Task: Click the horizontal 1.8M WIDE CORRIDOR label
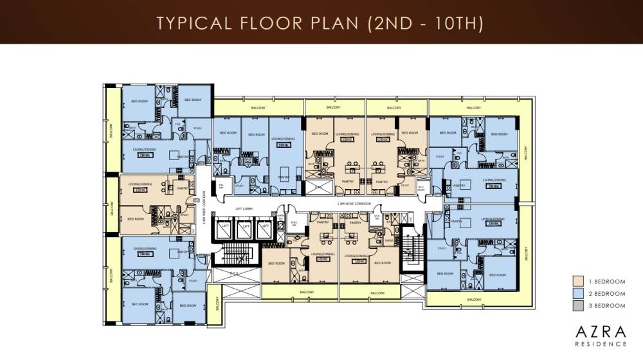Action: tap(351, 204)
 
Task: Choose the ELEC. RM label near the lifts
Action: tap(278, 225)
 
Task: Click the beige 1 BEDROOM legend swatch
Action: tap(578, 280)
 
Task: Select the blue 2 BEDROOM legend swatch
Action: tap(578, 293)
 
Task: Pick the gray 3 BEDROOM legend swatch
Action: tap(578, 306)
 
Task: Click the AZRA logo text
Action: tap(600, 332)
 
